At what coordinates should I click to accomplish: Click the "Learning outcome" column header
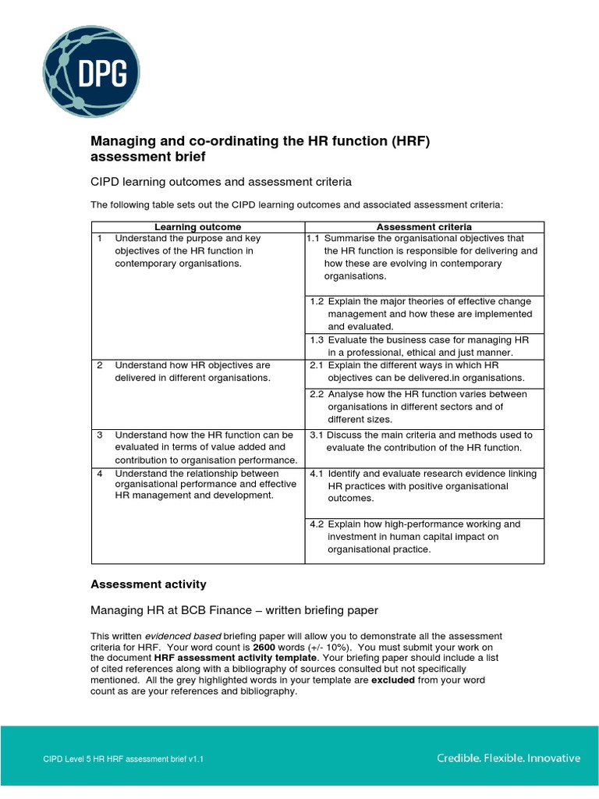click(197, 227)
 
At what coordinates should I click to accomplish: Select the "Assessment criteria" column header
click(424, 227)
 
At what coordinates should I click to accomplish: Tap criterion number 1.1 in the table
click(314, 239)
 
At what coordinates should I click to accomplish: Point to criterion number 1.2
click(317, 301)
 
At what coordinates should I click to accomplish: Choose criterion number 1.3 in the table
click(317, 340)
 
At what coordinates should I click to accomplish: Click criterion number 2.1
click(317, 365)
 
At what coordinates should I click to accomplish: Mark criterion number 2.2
click(317, 394)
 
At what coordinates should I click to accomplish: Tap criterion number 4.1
click(317, 474)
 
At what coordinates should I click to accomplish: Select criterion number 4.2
click(317, 524)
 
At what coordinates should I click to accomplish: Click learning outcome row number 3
click(100, 435)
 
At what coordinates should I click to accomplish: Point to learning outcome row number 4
click(100, 474)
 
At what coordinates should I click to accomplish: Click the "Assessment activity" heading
click(148, 584)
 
